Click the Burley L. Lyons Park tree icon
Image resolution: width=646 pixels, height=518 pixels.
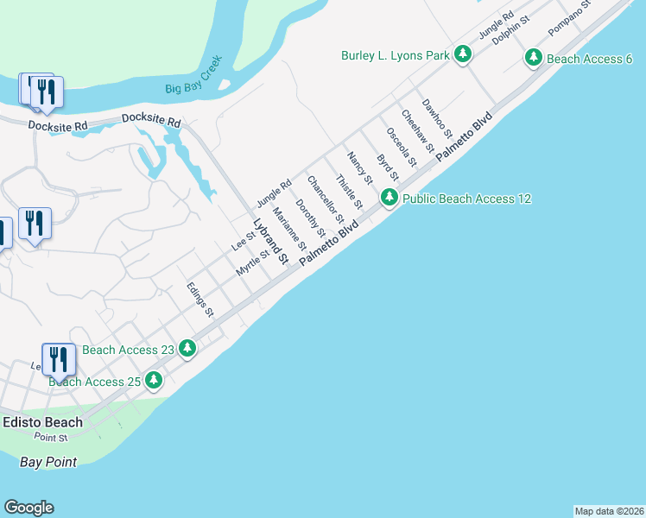pos(464,55)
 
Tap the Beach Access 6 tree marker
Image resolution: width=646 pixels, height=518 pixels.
pos(534,59)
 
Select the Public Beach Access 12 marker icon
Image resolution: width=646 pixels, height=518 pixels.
pos(389,199)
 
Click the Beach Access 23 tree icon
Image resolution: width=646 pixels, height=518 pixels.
pos(187,350)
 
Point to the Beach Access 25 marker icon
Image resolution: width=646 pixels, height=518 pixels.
pos(154,380)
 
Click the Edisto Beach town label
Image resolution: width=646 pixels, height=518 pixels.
pos(42,422)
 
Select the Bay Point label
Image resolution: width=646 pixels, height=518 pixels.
pos(48,462)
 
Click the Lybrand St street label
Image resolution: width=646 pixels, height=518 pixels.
pos(269,241)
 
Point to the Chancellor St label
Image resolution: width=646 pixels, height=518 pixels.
pos(326,198)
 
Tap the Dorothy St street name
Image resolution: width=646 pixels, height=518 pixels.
pos(310,219)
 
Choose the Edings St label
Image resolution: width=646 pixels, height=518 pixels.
pos(200,300)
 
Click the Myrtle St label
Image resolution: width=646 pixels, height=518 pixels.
pos(253,263)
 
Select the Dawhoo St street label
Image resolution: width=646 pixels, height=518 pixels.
pos(437,118)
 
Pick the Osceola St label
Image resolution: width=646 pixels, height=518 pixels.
pos(402,148)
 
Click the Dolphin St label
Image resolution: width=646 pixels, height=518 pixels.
pos(510,31)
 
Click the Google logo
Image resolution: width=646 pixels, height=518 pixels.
pos(28,508)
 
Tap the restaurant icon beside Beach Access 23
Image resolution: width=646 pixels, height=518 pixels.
pos(58,358)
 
